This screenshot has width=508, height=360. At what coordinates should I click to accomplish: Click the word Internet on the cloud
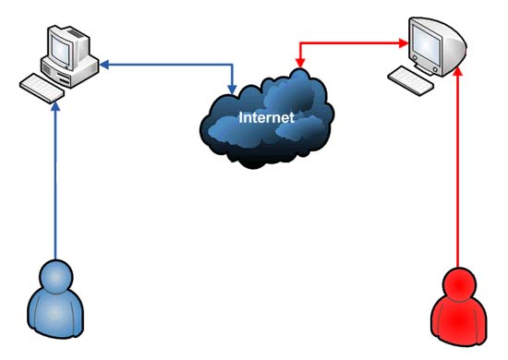tap(266, 117)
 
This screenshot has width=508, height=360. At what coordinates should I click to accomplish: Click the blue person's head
tap(56, 277)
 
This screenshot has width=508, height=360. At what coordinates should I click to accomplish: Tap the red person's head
tap(459, 285)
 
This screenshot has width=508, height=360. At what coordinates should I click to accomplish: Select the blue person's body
tap(55, 314)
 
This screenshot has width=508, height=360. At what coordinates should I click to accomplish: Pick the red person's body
tap(459, 321)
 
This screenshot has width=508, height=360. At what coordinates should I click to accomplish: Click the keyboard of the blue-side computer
tap(42, 89)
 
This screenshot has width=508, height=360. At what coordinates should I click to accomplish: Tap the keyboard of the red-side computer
tap(410, 80)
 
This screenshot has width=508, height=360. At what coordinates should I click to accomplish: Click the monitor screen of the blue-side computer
tap(60, 49)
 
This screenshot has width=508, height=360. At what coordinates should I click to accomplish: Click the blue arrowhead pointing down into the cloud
tap(232, 90)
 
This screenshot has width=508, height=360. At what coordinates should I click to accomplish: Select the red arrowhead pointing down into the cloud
tap(300, 63)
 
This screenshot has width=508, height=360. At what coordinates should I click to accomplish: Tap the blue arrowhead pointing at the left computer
tap(104, 65)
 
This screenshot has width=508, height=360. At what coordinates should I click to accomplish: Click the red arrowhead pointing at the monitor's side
tap(404, 43)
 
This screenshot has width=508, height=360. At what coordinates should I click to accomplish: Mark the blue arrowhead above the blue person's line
tap(55, 107)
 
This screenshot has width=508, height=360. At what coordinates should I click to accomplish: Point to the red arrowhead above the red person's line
tap(458, 72)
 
